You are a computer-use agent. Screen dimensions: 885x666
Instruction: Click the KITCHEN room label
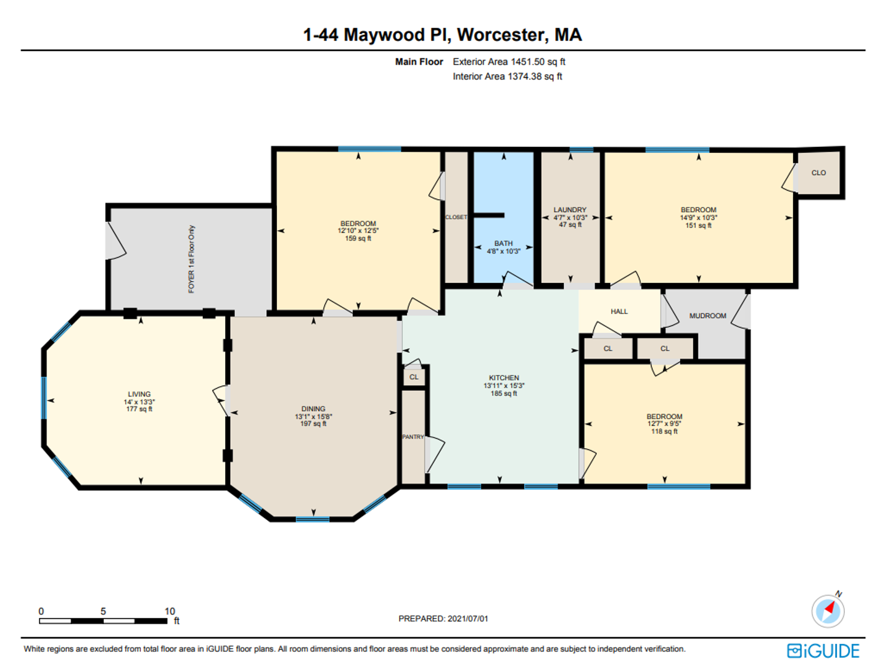504,378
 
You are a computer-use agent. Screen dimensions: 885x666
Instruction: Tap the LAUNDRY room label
570,210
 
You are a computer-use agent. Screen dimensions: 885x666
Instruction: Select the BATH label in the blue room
504,244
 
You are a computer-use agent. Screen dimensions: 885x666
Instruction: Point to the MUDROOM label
707,316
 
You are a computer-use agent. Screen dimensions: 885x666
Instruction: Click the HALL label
619,311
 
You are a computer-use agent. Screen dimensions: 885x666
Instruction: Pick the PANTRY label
413,437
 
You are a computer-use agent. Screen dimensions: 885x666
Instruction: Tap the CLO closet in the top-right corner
818,173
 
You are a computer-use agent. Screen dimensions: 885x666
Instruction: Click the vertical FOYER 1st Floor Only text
191,259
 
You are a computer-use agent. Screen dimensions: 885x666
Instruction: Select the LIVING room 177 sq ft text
139,409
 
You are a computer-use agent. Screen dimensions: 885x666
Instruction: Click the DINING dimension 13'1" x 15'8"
313,416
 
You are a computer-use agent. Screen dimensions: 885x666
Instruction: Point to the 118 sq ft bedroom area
664,432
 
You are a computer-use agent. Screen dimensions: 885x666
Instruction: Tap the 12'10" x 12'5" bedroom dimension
358,231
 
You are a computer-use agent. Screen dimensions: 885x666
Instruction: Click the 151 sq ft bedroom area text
698,225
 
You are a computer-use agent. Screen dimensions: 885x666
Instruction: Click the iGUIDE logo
823,651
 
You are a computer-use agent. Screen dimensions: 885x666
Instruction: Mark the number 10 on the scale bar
170,611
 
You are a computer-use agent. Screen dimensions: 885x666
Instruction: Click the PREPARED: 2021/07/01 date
443,619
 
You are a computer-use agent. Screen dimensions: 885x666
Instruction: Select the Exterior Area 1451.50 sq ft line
509,62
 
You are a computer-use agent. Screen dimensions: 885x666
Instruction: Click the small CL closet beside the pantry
414,377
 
